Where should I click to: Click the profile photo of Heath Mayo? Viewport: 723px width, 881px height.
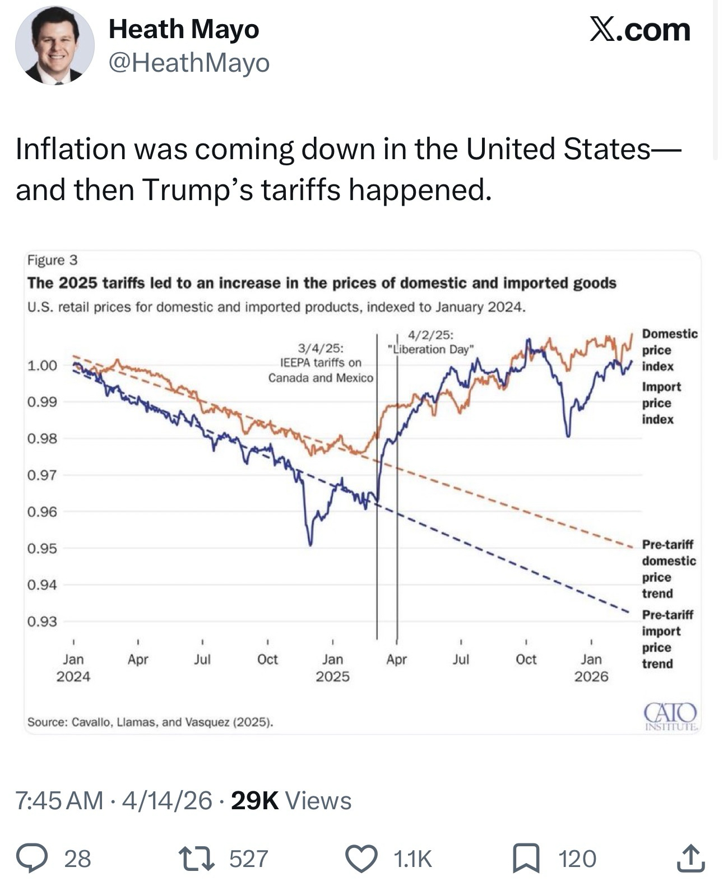click(54, 46)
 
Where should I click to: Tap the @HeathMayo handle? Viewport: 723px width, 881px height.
click(189, 63)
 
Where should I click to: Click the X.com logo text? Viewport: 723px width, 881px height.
click(639, 29)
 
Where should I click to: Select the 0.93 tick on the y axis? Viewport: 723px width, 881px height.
click(42, 621)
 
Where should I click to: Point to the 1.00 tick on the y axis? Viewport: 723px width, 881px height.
click(42, 365)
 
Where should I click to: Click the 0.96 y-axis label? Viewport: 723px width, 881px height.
click(42, 512)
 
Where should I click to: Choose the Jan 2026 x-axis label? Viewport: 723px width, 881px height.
click(591, 667)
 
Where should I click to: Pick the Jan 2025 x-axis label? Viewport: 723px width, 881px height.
click(332, 667)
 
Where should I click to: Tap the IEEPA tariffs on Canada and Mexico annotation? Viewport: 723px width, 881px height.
click(321, 363)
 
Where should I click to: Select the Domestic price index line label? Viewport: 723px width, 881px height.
click(669, 350)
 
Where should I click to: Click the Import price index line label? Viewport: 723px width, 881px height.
click(661, 403)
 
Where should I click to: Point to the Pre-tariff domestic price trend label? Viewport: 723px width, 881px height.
click(668, 568)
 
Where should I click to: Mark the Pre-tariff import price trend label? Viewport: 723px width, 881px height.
click(667, 639)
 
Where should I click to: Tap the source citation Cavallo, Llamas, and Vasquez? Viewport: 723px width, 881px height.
click(150, 722)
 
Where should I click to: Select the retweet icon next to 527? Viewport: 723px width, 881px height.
click(196, 859)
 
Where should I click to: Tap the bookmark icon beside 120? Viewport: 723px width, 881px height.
click(527, 859)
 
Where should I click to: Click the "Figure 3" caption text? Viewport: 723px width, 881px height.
click(52, 260)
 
